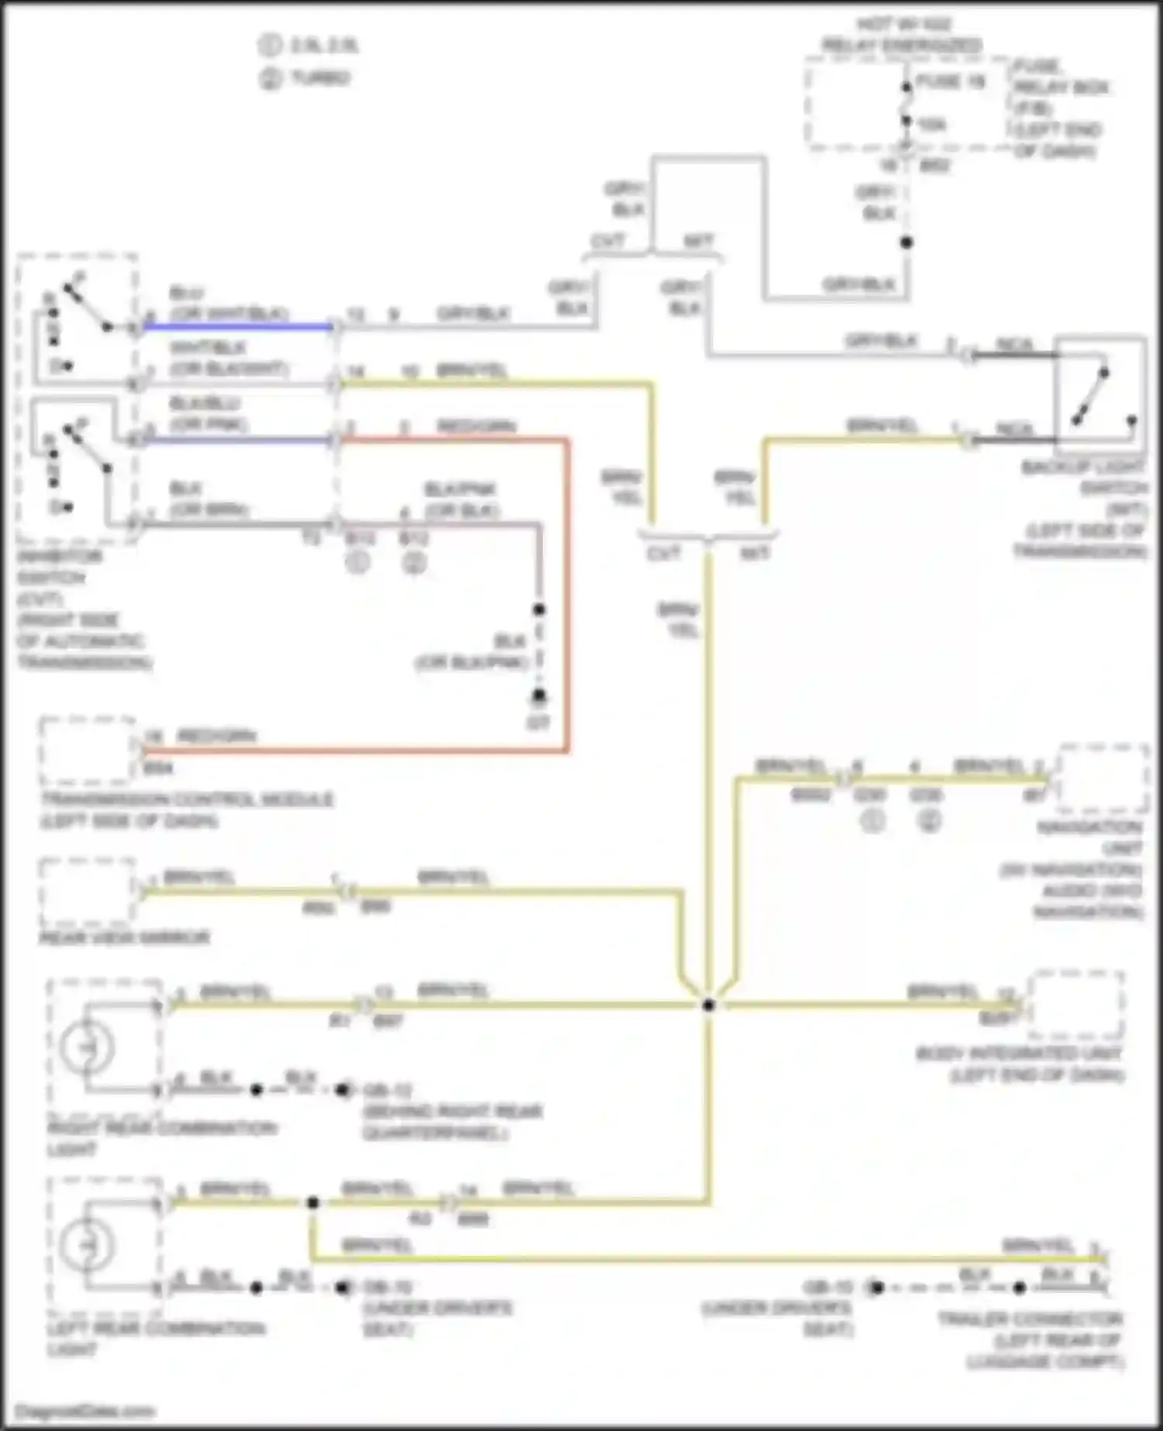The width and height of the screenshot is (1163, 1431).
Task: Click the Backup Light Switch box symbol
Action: pyautogui.click(x=1100, y=395)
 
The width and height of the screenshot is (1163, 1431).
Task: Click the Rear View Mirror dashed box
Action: pyautogui.click(x=88, y=893)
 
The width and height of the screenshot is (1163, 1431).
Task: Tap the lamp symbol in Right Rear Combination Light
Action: pyautogui.click(x=88, y=1048)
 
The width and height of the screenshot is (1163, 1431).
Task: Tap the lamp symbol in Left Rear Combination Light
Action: pyautogui.click(x=88, y=1246)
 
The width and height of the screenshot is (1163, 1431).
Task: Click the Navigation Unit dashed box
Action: pyautogui.click(x=1103, y=778)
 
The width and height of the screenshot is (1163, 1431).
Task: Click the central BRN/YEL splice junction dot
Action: pyautogui.click(x=709, y=1005)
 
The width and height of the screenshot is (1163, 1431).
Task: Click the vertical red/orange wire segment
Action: pyautogui.click(x=568, y=597)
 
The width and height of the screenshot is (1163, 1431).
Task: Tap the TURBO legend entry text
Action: pyautogui.click(x=319, y=78)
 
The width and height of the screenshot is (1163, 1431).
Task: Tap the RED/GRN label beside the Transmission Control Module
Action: pyautogui.click(x=216, y=736)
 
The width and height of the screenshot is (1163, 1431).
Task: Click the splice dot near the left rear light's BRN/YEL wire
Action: pyautogui.click(x=312, y=1203)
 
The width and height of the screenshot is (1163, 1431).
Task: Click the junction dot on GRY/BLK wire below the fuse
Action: pyautogui.click(x=906, y=243)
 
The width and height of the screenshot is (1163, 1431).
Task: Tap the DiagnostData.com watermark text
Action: pyautogui.click(x=85, y=1411)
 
